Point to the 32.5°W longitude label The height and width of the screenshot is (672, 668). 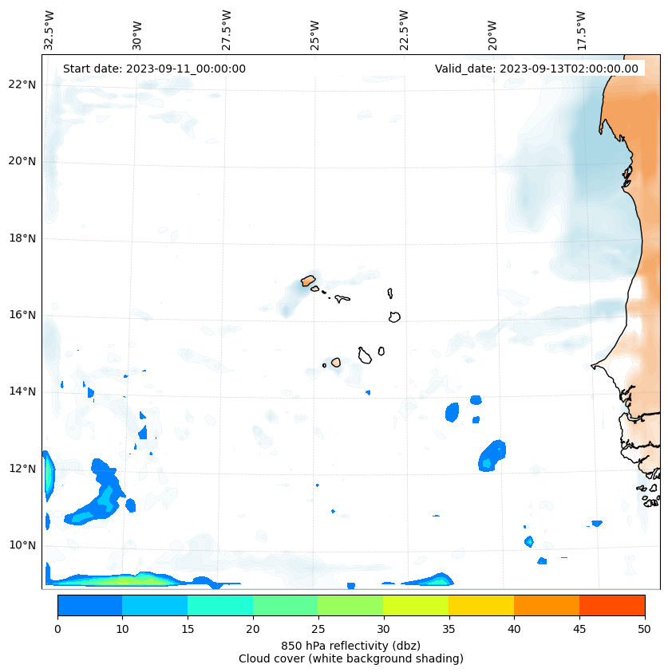coord(49,30)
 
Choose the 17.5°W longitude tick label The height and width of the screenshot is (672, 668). coord(582,30)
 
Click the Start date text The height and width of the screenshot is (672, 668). coord(154,69)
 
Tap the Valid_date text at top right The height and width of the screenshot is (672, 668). coord(536,69)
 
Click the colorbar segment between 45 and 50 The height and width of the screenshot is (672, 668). coord(612,605)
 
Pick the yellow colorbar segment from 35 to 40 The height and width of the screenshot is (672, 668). coord(481,605)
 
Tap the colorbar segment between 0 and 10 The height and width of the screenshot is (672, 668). coord(89,605)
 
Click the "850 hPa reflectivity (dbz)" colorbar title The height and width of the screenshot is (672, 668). coord(350,645)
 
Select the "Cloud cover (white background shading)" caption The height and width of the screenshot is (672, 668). coord(350,658)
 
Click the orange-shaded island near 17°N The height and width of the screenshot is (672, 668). coord(308,281)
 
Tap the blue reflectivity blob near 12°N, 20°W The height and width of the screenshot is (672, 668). coord(492,456)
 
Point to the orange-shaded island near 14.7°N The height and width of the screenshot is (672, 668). coord(336,363)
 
